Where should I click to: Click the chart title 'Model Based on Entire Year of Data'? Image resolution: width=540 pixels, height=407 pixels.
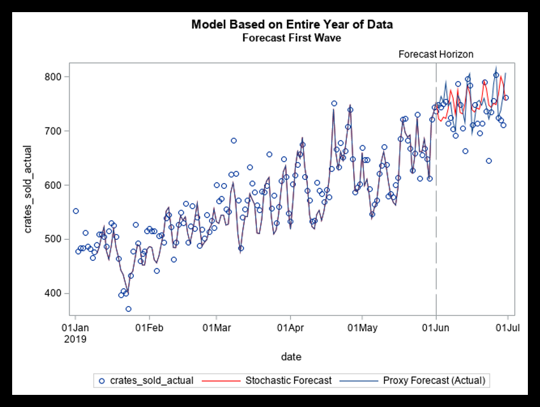tap(292, 25)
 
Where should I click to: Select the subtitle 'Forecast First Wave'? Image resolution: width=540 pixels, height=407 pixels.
tap(292, 38)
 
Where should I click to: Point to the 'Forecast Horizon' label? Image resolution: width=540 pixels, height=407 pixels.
tap(436, 54)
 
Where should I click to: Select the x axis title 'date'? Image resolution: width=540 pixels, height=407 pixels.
tap(291, 357)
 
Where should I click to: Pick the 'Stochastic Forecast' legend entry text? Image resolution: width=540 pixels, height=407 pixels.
tap(288, 381)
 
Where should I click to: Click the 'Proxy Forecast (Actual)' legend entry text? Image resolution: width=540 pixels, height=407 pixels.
tap(434, 381)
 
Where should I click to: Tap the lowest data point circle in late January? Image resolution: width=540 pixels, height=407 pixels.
tap(128, 309)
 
